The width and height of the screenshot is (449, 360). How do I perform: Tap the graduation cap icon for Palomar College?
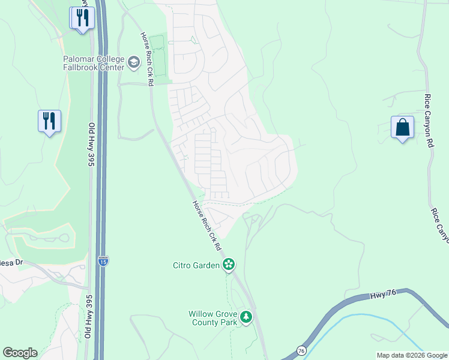134,62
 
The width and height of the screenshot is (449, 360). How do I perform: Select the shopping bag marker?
402,128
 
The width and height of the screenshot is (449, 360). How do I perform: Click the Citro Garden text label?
196,265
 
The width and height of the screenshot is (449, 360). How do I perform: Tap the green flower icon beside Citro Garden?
228,265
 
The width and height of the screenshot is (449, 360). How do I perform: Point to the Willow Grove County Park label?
212,318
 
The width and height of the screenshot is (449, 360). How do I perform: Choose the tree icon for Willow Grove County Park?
246,317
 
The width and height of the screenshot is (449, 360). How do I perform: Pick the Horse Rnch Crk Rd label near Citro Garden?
206,226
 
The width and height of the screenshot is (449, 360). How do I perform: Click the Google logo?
20,353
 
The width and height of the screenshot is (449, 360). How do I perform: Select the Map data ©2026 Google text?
411,355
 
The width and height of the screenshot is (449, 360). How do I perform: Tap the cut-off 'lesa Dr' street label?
11,262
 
